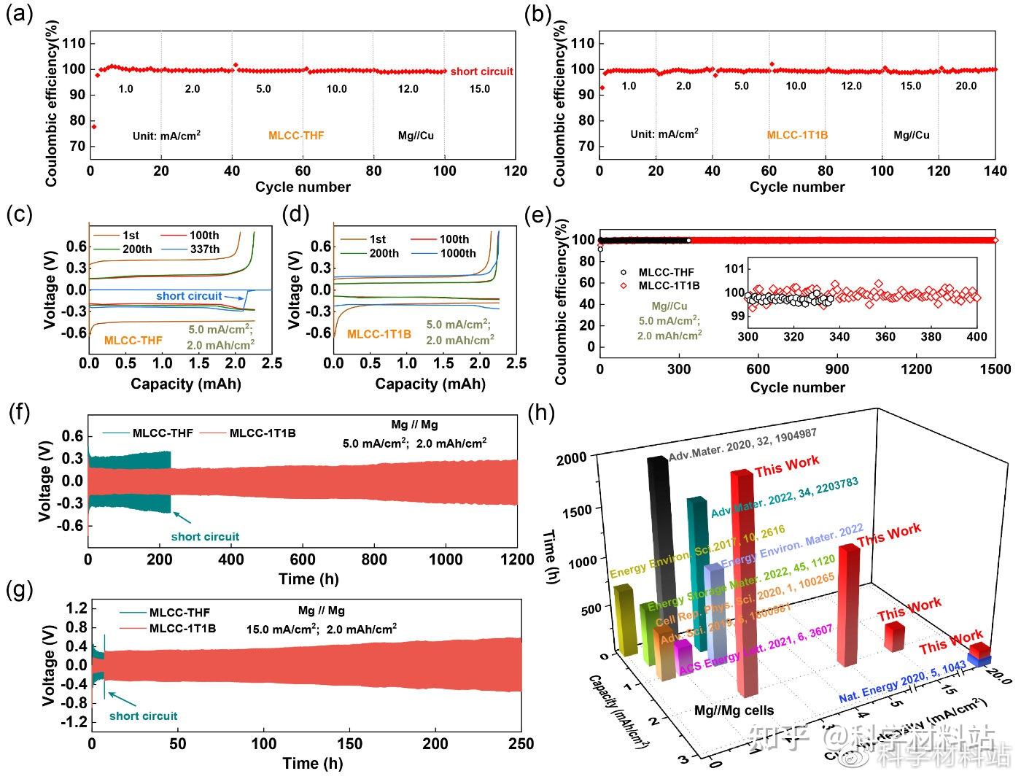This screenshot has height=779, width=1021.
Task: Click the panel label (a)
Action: point(19,15)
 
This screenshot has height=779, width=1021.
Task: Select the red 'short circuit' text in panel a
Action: point(481,71)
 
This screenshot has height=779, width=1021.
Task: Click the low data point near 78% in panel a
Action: point(93,127)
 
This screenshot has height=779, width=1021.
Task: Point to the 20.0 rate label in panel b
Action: point(966,86)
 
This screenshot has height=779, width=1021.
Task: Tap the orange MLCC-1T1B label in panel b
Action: point(797,135)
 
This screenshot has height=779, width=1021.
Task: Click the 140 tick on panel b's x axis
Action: point(995,171)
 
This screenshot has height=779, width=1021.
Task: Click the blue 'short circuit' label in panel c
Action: point(189,295)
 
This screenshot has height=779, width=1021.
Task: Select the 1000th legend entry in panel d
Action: point(457,253)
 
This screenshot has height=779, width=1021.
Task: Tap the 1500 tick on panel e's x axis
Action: point(995,369)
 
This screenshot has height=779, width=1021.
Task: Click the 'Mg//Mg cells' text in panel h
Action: point(734,710)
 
